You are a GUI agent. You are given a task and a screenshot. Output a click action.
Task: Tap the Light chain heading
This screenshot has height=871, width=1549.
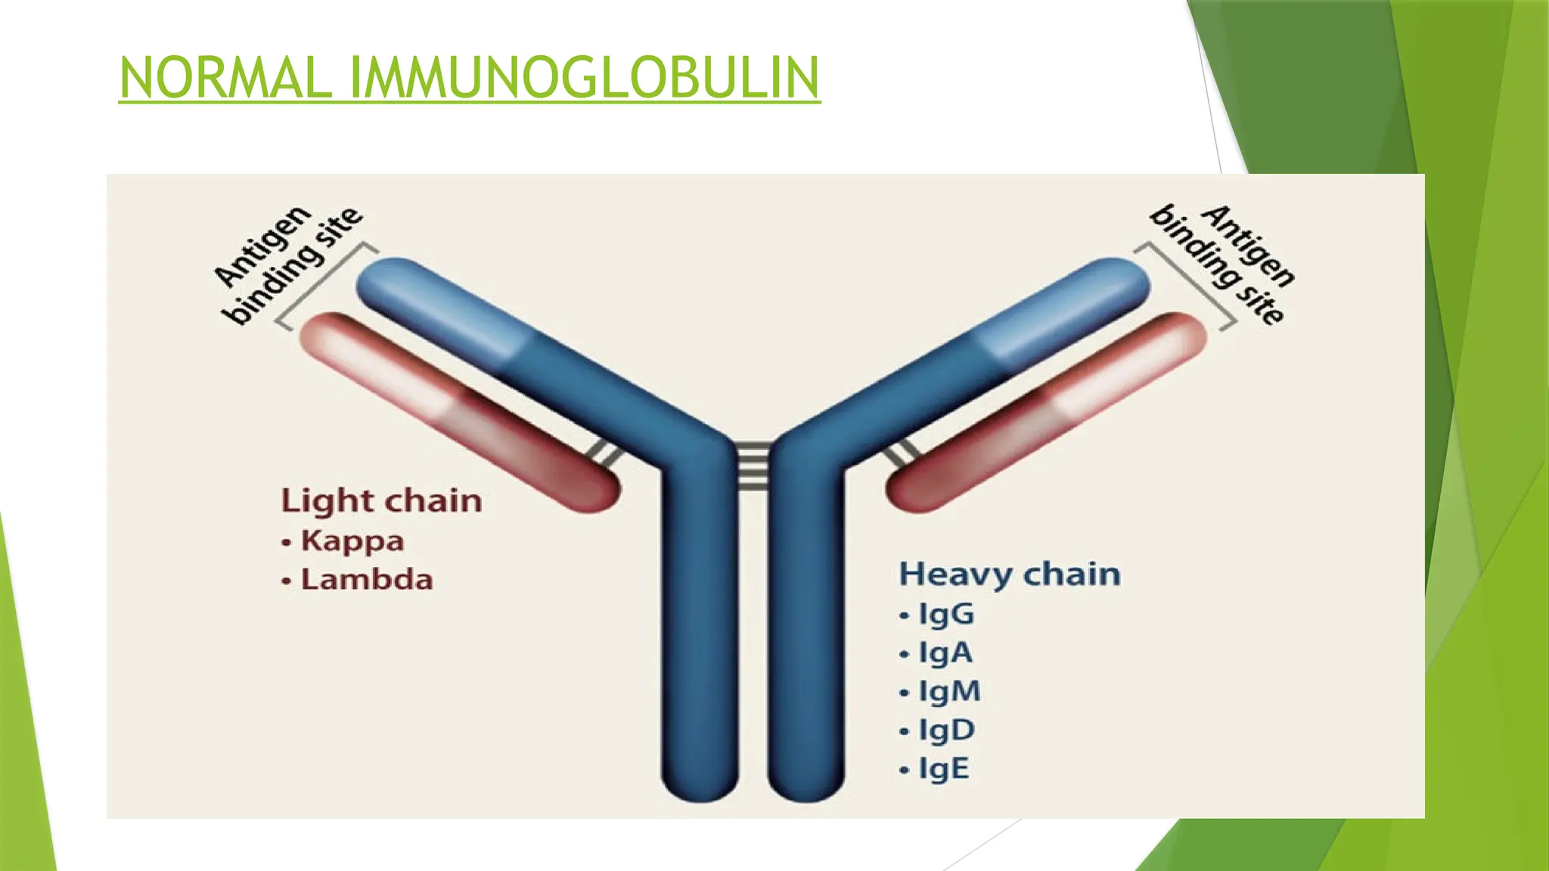click(381, 501)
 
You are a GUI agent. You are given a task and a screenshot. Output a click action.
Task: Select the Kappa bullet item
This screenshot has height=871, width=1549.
click(352, 541)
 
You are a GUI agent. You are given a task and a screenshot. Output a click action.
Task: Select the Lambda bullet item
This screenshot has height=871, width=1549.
click(366, 580)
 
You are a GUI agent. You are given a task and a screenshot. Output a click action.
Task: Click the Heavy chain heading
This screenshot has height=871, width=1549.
click(1009, 574)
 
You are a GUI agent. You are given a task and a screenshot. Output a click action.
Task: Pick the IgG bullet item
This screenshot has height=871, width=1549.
click(945, 614)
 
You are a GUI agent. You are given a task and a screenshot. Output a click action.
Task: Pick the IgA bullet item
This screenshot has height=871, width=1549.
click(945, 652)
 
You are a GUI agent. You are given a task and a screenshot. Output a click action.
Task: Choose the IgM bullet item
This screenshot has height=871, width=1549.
click(948, 691)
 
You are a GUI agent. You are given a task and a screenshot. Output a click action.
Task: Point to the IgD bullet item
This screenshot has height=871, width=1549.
click(946, 730)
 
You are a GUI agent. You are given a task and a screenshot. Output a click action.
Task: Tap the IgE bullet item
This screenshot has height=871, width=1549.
click(942, 768)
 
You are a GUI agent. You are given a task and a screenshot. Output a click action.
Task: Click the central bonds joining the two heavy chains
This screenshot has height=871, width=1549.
click(753, 465)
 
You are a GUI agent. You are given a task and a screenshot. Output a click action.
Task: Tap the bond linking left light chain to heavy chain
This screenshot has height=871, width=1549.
click(605, 452)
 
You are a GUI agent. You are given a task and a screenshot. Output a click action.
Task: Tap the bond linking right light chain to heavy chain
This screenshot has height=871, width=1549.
click(902, 453)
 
